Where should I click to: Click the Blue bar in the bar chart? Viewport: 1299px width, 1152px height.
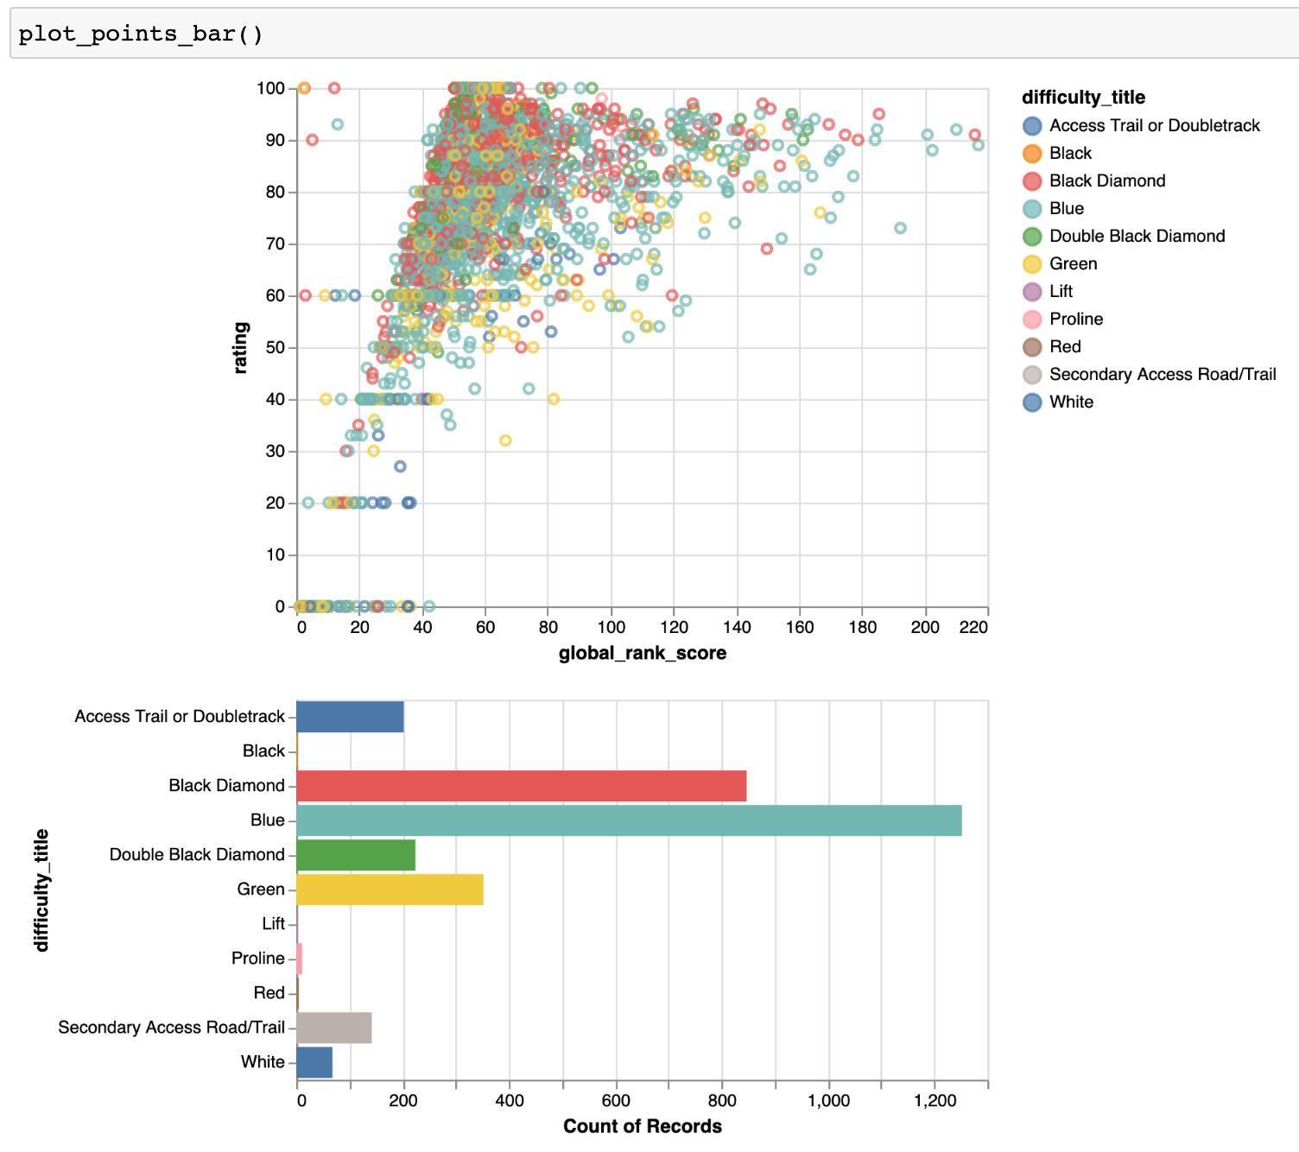629,820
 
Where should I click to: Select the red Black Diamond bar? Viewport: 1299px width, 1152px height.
522,786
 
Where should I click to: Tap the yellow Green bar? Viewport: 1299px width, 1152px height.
390,889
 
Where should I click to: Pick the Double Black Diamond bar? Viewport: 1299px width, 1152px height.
356,855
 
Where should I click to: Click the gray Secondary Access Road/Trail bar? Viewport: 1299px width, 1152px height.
334,1028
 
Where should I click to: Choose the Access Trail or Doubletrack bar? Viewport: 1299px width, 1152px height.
350,717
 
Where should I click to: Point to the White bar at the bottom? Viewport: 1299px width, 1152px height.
314,1062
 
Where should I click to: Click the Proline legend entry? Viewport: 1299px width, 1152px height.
1076,320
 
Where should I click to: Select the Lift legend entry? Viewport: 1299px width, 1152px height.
1061,292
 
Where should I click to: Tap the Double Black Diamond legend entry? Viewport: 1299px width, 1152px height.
1137,237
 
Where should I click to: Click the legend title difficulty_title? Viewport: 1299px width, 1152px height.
1083,98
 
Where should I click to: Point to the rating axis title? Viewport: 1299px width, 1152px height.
241,347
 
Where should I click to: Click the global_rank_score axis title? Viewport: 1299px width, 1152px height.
643,653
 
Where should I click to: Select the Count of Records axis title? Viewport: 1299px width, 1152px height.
643,1126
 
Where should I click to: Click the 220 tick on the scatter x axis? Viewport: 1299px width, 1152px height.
973,628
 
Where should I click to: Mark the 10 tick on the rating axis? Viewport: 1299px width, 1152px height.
276,555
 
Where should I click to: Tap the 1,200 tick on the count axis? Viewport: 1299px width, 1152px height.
935,1101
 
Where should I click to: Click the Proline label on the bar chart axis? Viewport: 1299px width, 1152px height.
258,959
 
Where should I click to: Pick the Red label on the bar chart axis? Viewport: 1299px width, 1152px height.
269,993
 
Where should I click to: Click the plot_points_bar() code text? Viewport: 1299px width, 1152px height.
141,34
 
